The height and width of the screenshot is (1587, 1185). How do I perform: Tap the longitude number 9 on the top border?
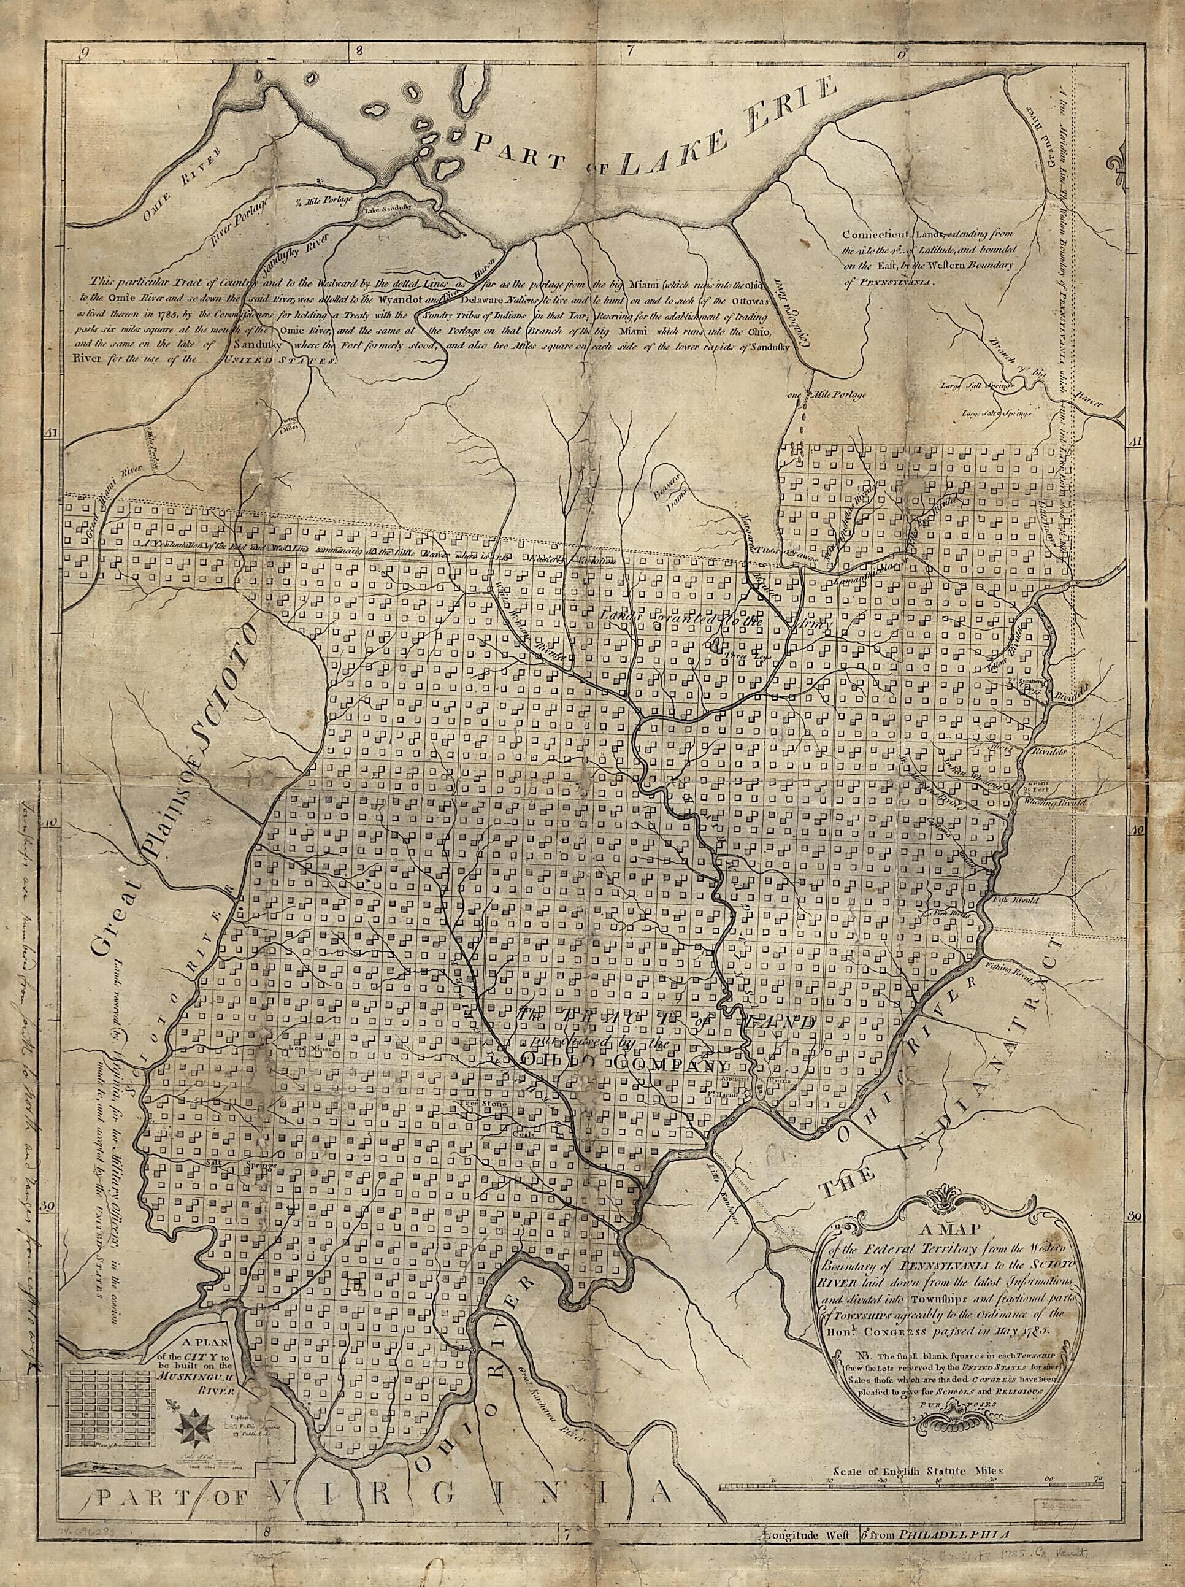pyautogui.click(x=84, y=52)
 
